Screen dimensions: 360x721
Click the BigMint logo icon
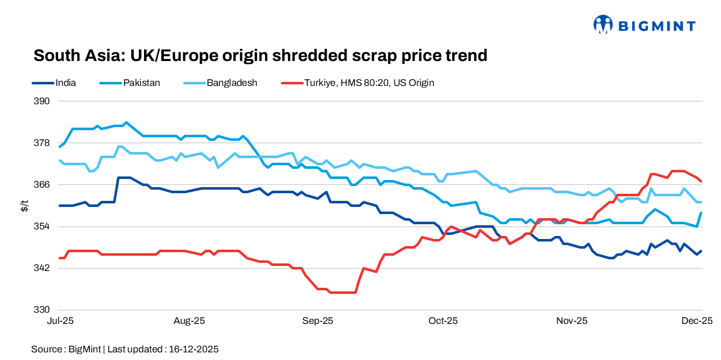pyautogui.click(x=602, y=24)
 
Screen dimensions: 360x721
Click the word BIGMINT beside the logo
pyautogui.click(x=656, y=25)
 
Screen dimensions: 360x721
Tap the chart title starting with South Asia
pyautogui.click(x=260, y=55)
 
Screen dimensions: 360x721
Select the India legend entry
pyautogui.click(x=66, y=82)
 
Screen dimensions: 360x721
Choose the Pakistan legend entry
pyautogui.click(x=141, y=82)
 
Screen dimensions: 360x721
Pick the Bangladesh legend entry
pyautogui.click(x=232, y=82)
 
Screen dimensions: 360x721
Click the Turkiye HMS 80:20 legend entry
pyautogui.click(x=368, y=82)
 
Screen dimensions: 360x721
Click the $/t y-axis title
pyautogui.click(x=24, y=205)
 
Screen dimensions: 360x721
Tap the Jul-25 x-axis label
pyautogui.click(x=60, y=321)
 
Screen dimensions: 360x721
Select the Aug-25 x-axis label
pyautogui.click(x=189, y=321)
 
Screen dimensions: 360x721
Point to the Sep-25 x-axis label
pyautogui.click(x=318, y=321)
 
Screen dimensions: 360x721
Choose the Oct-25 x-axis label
pyautogui.click(x=443, y=321)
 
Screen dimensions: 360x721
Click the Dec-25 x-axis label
pyautogui.click(x=697, y=321)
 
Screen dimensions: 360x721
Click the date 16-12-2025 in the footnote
pyautogui.click(x=194, y=349)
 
